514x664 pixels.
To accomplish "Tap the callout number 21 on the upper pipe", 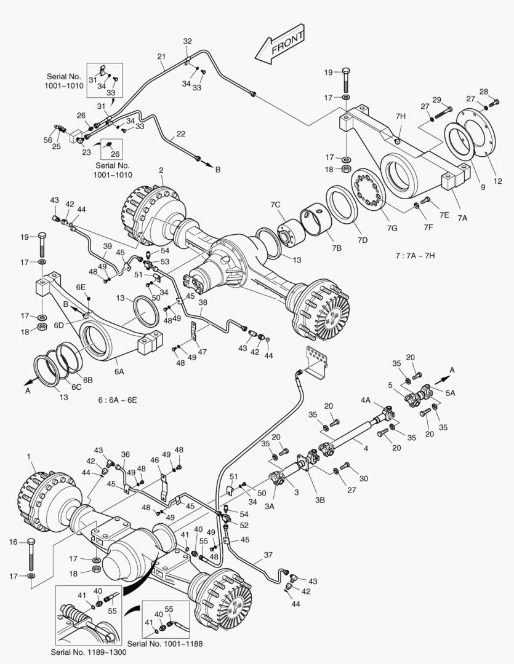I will [161, 57].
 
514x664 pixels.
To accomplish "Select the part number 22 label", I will [180, 133].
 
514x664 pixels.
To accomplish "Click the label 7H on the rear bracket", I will [401, 116].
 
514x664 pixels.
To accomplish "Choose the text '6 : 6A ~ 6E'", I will [118, 400].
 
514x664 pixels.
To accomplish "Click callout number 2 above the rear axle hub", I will [161, 170].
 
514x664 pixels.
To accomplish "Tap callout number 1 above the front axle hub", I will [28, 456].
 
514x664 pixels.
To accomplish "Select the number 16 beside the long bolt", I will [14, 542].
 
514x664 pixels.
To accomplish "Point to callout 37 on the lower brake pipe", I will [268, 555].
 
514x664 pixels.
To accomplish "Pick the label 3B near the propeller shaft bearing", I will [319, 500].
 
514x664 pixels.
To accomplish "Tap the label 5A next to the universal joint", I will [450, 392].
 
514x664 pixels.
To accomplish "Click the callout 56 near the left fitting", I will [48, 140].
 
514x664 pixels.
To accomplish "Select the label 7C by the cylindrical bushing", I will [275, 204].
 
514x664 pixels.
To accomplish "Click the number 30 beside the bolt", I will [363, 478].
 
